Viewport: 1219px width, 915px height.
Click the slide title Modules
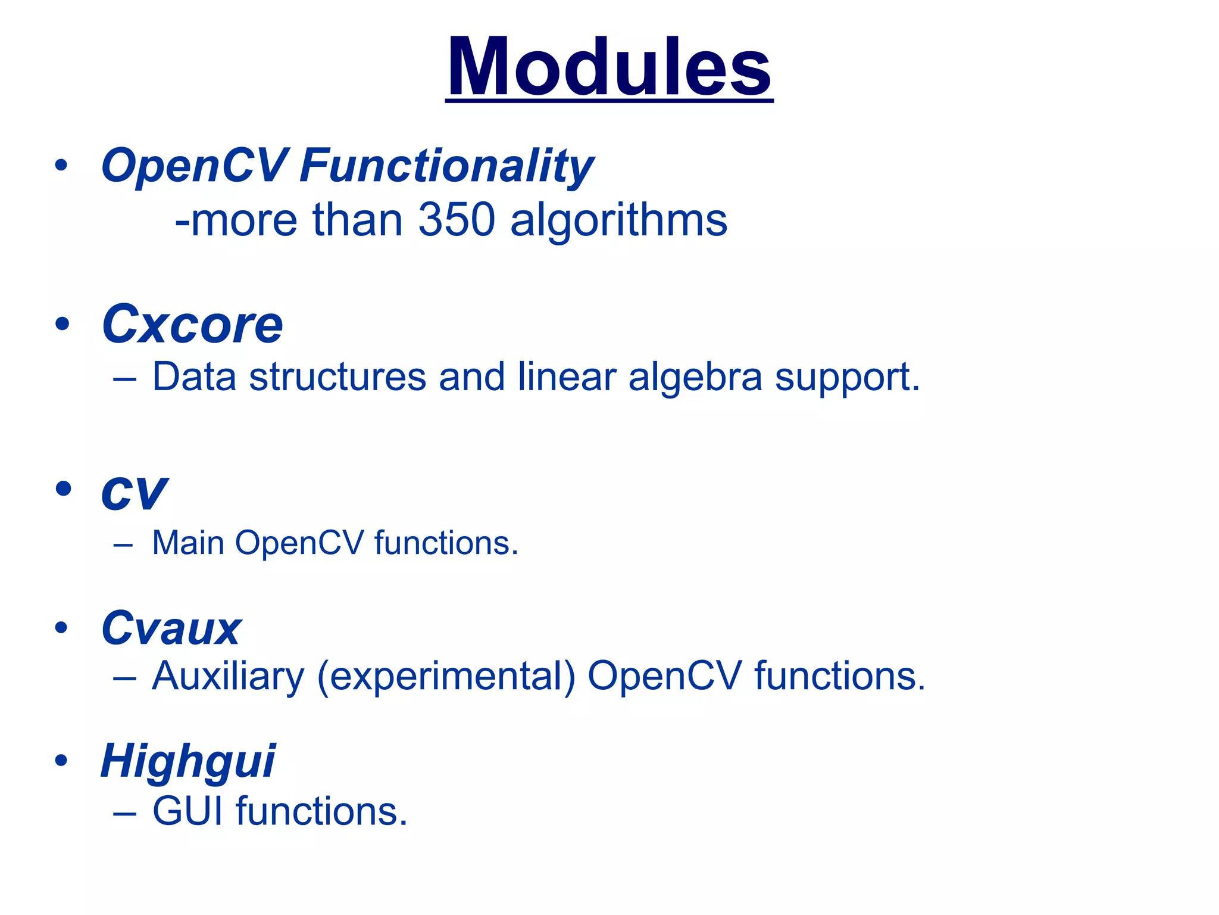(609, 67)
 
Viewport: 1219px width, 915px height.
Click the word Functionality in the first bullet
(446, 166)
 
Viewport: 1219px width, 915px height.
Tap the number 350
(457, 220)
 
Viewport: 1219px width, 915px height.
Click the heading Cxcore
(192, 325)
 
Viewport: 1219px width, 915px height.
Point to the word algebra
(695, 378)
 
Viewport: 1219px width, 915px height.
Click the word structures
(337, 378)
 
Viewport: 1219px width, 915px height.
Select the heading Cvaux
(171, 628)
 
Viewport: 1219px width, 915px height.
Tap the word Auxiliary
(228, 677)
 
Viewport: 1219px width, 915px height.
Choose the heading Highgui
(187, 762)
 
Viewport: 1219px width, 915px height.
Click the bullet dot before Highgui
(61, 761)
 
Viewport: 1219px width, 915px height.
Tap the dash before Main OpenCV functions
(123, 544)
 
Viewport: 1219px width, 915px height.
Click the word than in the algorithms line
(357, 220)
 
